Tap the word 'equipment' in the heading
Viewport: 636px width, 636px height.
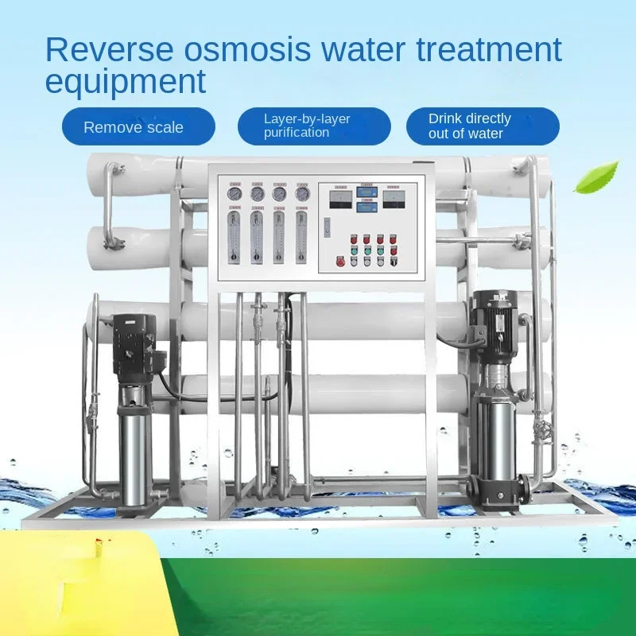point(125,81)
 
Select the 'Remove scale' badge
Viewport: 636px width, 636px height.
point(134,127)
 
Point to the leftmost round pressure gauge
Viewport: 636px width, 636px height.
point(234,193)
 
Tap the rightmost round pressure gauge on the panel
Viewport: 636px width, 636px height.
point(301,193)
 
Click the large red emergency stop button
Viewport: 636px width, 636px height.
point(341,261)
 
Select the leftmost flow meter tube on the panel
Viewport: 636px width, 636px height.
point(234,236)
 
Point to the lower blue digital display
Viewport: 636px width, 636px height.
point(366,207)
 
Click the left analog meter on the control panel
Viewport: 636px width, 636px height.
point(339,199)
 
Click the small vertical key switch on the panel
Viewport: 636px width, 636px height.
point(327,227)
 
